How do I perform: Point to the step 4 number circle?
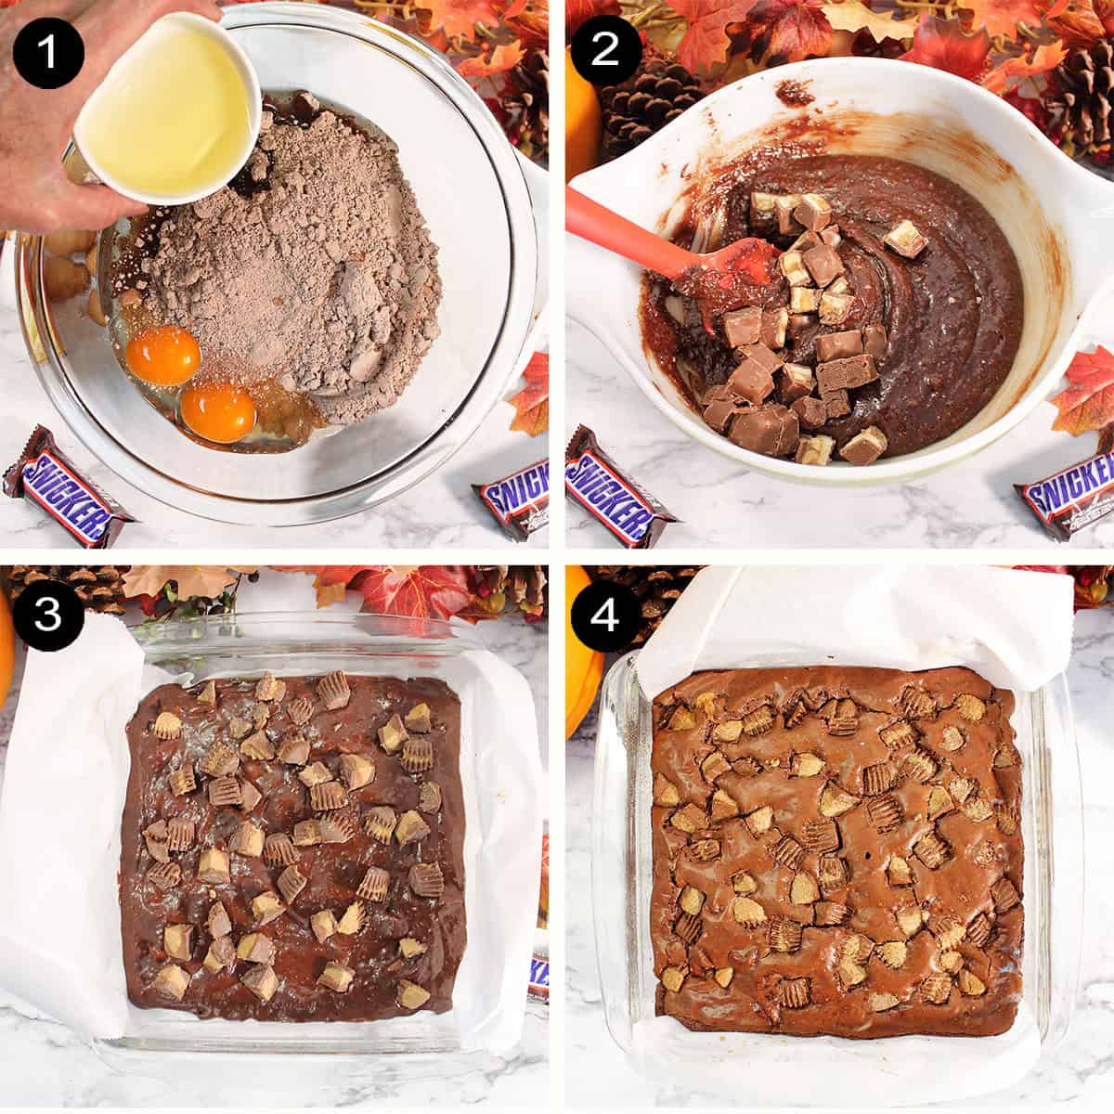coord(605,614)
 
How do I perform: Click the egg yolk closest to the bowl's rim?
coord(218,412)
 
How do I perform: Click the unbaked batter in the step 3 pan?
coord(292,845)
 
